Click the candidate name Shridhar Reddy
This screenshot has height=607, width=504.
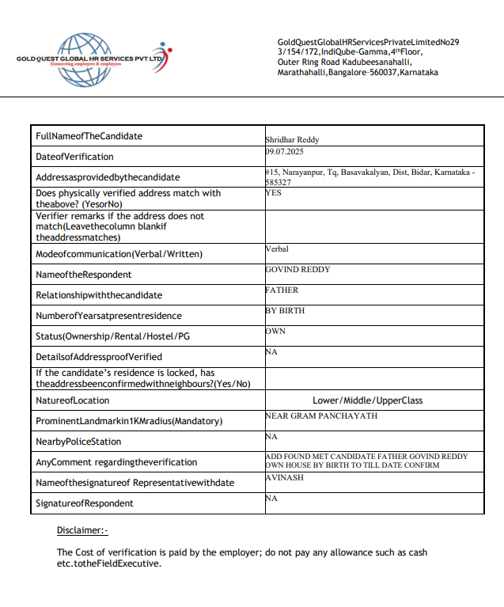point(292,139)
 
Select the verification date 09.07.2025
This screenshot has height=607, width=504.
point(284,150)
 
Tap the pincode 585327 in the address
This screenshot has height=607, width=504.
point(279,182)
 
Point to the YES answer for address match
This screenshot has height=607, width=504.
point(274,192)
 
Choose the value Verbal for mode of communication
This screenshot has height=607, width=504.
point(278,248)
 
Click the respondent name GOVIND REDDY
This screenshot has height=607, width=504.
point(297,269)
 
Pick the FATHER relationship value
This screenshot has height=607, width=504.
point(282,290)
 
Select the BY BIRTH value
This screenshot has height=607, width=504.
point(285,310)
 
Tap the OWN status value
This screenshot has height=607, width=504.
point(275,331)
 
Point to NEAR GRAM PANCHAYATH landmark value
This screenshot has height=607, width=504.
point(321,415)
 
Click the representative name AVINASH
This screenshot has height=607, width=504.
point(285,478)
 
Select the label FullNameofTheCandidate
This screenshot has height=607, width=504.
point(89,136)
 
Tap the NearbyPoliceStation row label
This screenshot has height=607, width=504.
point(78,442)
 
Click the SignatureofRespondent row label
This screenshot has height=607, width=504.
point(85,503)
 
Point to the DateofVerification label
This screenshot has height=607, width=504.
point(75,157)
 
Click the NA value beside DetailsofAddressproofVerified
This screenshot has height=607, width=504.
point(271,351)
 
